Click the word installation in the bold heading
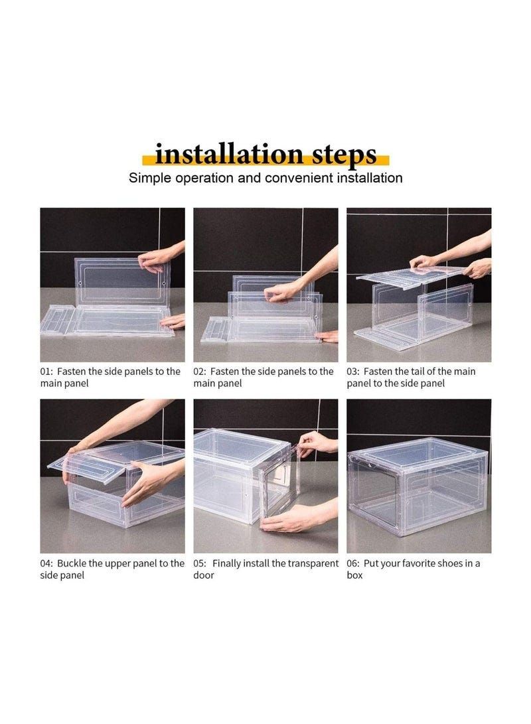[228, 154]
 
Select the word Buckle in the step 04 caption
[72, 563]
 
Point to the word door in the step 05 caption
[204, 575]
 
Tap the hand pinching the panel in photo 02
[285, 291]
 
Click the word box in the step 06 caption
[354, 575]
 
